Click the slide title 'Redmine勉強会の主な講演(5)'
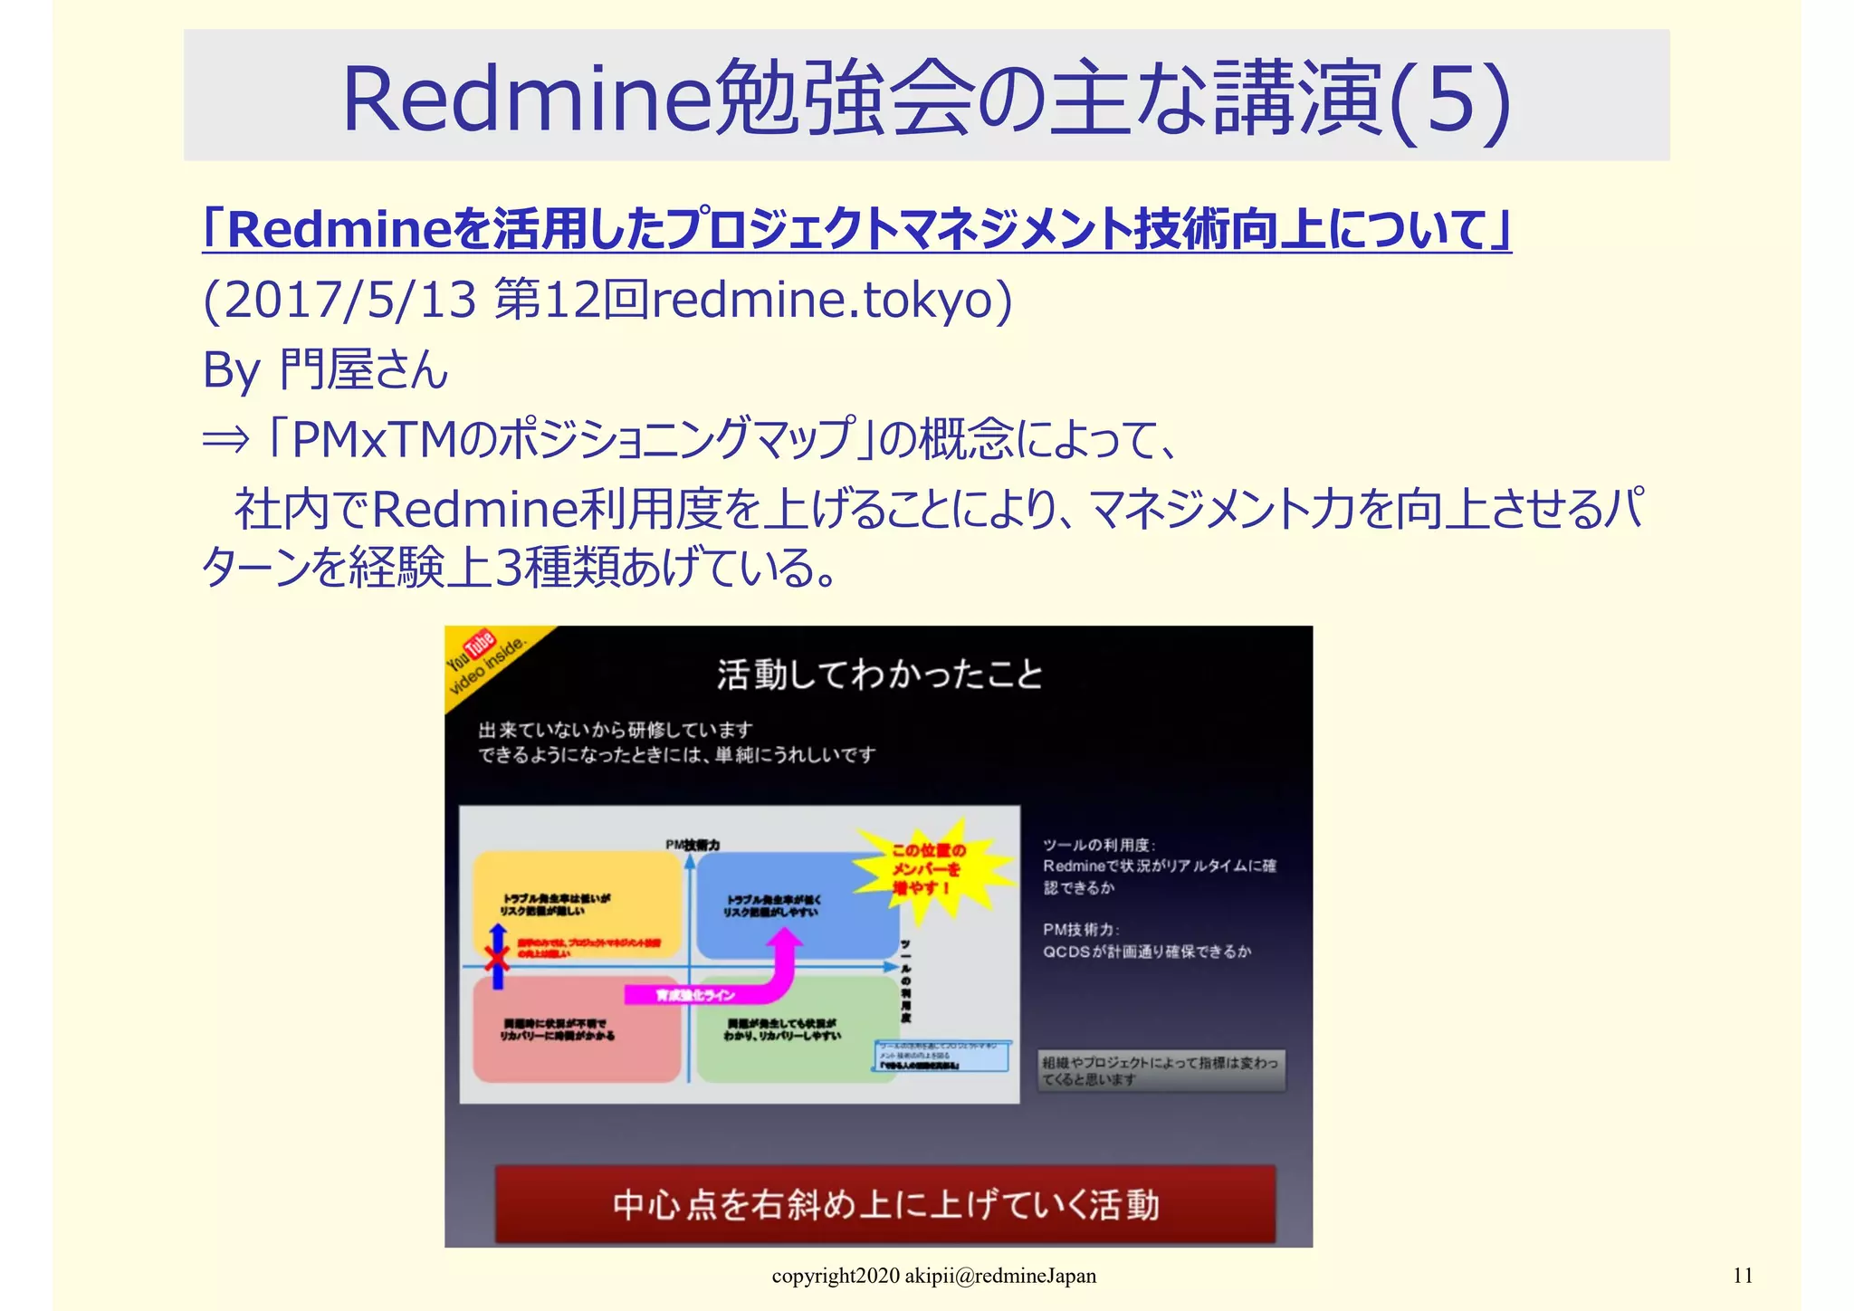point(926,98)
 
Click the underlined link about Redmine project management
point(856,230)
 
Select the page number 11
point(1743,1276)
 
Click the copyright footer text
point(933,1276)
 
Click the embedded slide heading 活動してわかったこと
point(879,675)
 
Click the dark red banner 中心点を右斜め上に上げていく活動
point(884,1204)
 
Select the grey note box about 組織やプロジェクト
point(1161,1070)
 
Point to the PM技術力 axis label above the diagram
point(693,845)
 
